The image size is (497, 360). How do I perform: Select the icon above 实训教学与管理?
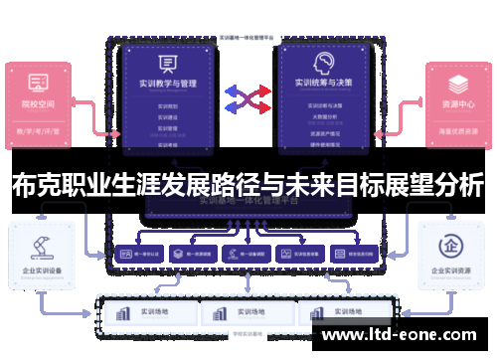pyautogui.click(x=168, y=64)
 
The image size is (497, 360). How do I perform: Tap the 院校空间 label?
pyautogui.click(x=40, y=102)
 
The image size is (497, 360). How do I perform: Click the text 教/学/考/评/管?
pyautogui.click(x=40, y=130)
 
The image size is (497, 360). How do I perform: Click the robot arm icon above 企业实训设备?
pyautogui.click(x=40, y=242)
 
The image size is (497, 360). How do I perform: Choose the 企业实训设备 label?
pyautogui.click(x=40, y=270)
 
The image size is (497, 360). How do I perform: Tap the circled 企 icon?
pyautogui.click(x=456, y=242)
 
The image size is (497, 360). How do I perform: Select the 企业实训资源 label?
pyautogui.click(x=456, y=270)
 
